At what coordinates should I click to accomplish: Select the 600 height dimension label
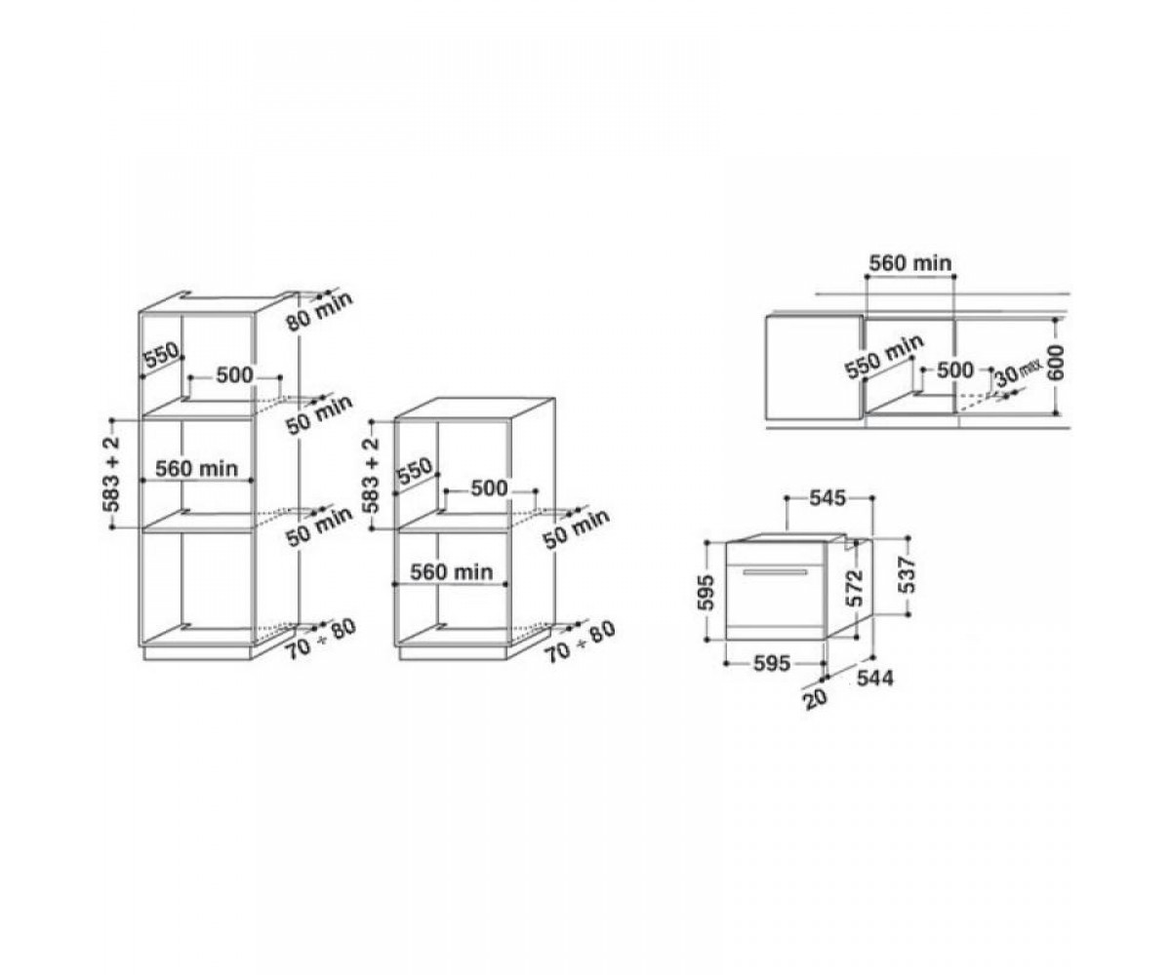click(x=1056, y=364)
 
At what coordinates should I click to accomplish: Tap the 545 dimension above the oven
click(x=827, y=497)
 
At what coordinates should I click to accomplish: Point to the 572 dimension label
click(x=856, y=588)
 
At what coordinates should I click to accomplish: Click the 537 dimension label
click(x=907, y=574)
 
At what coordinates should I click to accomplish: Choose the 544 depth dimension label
click(x=875, y=679)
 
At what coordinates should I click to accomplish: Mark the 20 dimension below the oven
click(x=814, y=698)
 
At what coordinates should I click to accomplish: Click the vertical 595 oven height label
click(x=707, y=592)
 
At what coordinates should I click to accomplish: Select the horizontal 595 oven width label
click(x=772, y=663)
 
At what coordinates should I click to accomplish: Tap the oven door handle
click(x=776, y=572)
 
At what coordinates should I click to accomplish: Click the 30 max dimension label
click(x=1017, y=373)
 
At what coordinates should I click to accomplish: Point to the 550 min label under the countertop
click(x=884, y=357)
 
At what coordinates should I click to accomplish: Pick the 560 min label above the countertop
click(x=910, y=263)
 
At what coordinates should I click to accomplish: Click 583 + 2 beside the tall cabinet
click(x=112, y=474)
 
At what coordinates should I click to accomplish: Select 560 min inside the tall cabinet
click(x=196, y=468)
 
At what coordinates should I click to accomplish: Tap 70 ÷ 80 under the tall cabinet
click(x=320, y=639)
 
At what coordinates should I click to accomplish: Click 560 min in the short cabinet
click(x=452, y=571)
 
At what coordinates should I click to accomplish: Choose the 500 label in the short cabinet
click(x=489, y=488)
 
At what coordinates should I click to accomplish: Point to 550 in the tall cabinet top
click(x=161, y=355)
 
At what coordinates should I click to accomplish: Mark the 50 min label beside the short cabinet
click(x=576, y=529)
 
